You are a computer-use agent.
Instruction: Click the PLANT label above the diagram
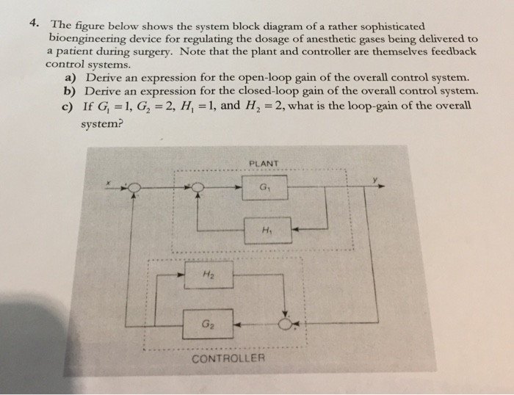262,164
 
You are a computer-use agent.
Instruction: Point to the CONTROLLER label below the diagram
227,358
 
